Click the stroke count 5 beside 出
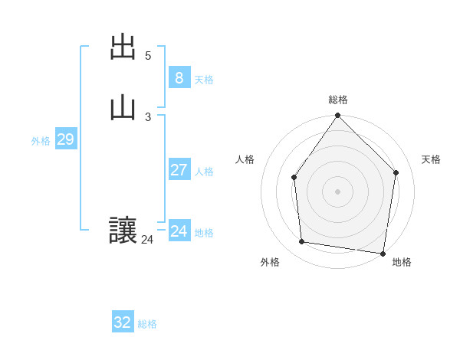click(148, 56)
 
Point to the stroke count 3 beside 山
click(148, 116)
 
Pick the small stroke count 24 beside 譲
click(147, 240)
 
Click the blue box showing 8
click(179, 77)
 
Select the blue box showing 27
click(179, 169)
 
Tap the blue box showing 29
click(65, 139)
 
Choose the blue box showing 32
click(123, 322)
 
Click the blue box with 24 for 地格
click(179, 231)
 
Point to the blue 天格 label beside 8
click(204, 80)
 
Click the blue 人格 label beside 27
click(204, 172)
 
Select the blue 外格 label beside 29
click(41, 141)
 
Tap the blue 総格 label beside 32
click(147, 324)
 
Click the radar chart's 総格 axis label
click(338, 100)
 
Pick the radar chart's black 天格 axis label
click(431, 159)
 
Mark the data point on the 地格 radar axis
click(383, 253)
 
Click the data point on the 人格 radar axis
click(294, 178)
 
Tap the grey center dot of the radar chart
click(338, 191)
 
